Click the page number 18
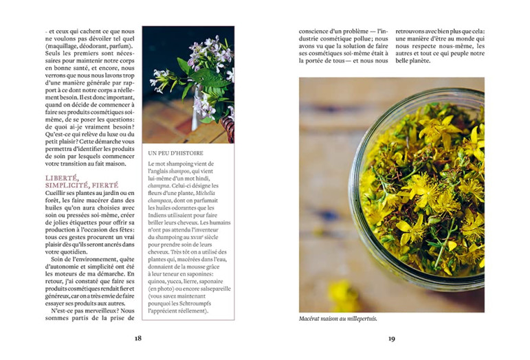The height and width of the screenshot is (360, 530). pos(138,338)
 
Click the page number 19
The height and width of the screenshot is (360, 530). pos(391,338)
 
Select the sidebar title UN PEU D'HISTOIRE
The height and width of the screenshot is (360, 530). pos(175,153)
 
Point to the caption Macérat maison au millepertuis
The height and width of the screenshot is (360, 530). pos(338,319)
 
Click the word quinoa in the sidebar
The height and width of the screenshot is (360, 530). pos(159,281)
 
